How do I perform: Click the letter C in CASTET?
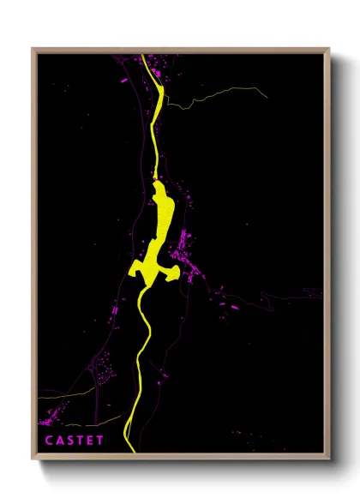tap(49, 441)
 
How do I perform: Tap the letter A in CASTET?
tap(60, 441)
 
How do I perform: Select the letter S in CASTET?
tap(70, 441)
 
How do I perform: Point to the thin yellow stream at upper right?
tap(206, 96)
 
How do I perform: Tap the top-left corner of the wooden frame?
tap(33, 49)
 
